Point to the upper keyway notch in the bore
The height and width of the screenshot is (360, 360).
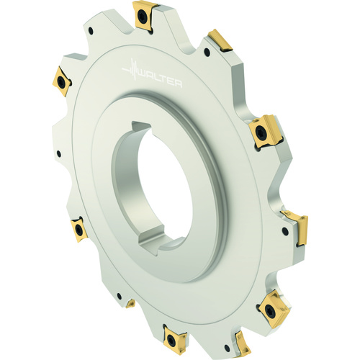[141, 127]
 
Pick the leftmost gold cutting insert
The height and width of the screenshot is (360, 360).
[62, 81]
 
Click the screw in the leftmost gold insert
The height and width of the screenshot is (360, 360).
[61, 81]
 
